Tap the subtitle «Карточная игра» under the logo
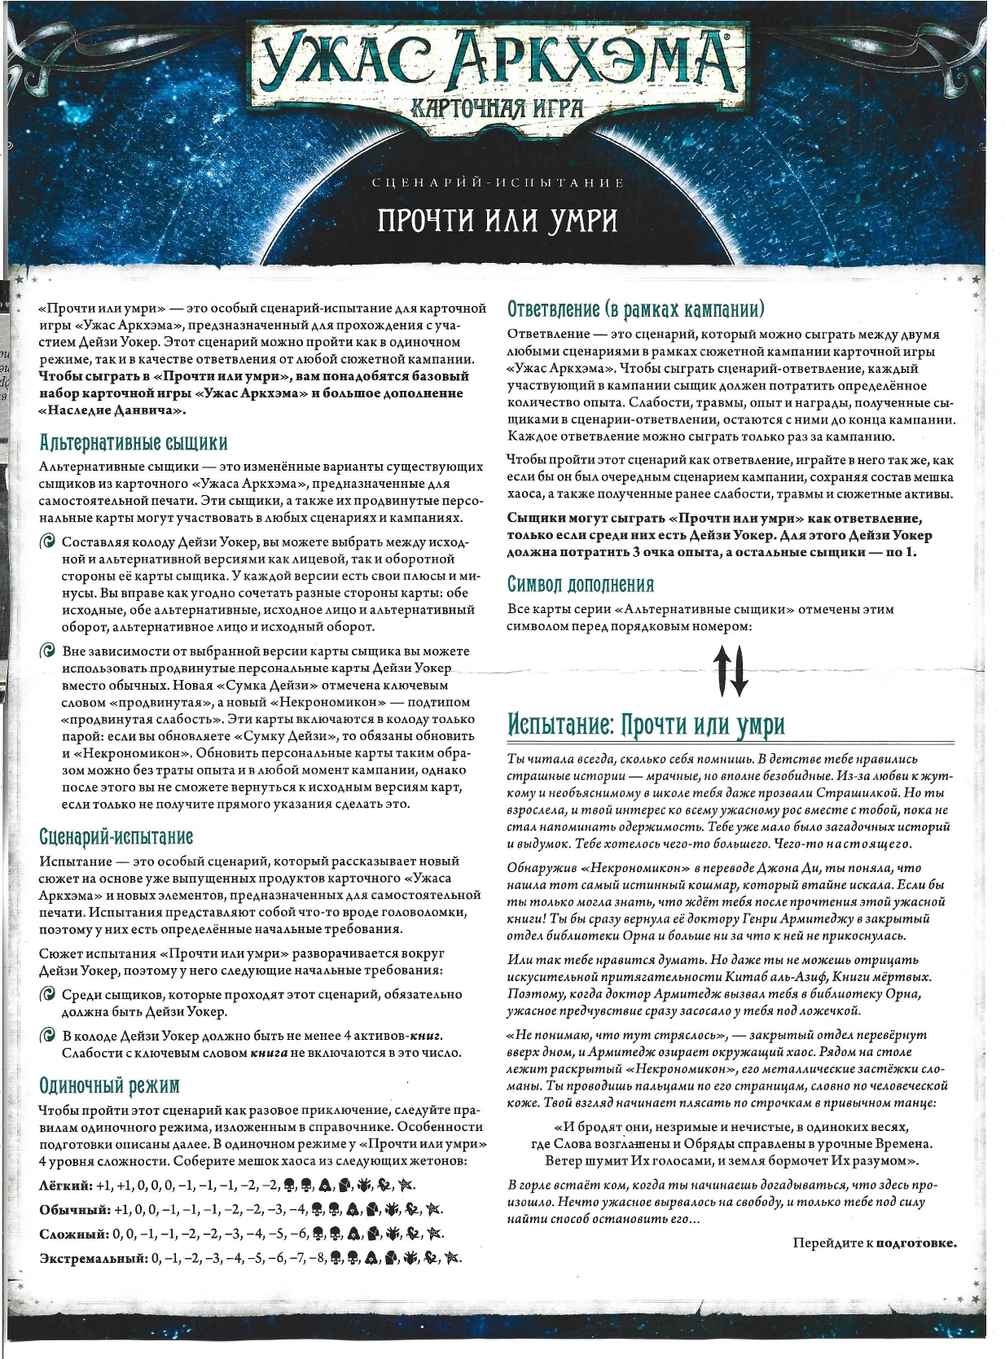point(498,107)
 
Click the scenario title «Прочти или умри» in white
point(498,220)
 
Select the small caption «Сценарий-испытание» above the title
point(498,182)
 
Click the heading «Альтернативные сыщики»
point(134,443)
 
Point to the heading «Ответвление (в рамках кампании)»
point(636,309)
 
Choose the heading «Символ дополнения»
point(581,585)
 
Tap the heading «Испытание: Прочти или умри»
point(646,725)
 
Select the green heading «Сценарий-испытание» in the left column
point(116,837)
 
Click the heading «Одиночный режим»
point(109,1085)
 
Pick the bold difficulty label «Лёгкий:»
point(65,1185)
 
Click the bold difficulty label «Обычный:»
point(74,1209)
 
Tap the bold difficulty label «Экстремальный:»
point(93,1258)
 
